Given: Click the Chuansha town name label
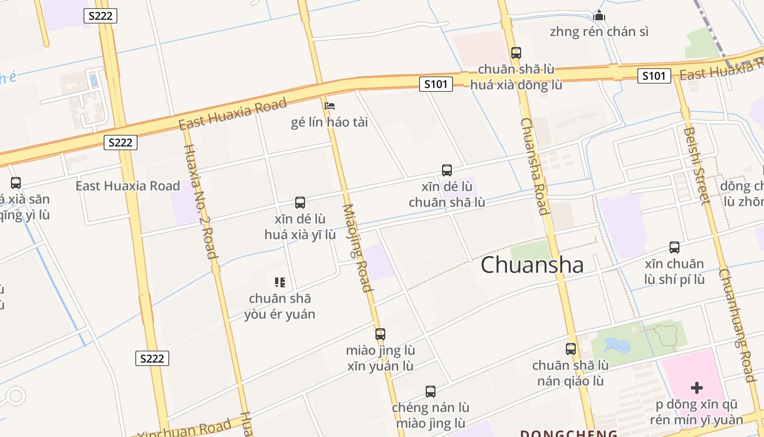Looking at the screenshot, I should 532,265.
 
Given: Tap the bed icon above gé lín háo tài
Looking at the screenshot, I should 330,106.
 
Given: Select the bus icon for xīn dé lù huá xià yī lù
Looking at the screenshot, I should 300,203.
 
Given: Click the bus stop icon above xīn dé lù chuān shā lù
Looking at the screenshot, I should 447,170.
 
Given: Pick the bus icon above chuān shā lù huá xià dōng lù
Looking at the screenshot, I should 516,53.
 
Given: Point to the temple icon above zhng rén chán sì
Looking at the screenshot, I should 599,15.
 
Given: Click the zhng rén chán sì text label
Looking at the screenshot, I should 599,32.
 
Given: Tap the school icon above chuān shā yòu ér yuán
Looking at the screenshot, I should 280,282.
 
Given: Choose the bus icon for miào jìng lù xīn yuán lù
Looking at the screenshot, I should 380,334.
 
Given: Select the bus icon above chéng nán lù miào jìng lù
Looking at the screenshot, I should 431,392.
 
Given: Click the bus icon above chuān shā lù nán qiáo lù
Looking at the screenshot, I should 571,349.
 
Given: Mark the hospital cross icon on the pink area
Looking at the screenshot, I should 697,388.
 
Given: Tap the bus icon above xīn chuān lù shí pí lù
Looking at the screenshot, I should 675,247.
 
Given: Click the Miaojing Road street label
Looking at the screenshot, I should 357,248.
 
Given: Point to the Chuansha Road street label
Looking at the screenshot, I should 534,167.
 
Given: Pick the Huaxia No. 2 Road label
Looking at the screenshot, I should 201,200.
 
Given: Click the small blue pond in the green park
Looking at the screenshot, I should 617,345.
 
